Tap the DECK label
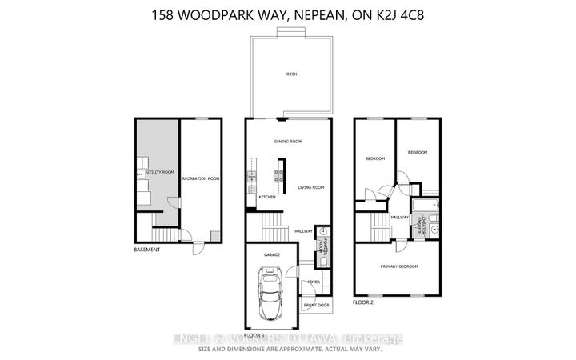291,74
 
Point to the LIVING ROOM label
310,188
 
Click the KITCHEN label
267,198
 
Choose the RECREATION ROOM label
200,178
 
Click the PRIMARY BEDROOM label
399,266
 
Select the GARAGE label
272,255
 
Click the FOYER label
313,282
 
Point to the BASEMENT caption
146,250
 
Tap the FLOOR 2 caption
364,303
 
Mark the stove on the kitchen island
281,170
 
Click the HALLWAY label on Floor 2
400,217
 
